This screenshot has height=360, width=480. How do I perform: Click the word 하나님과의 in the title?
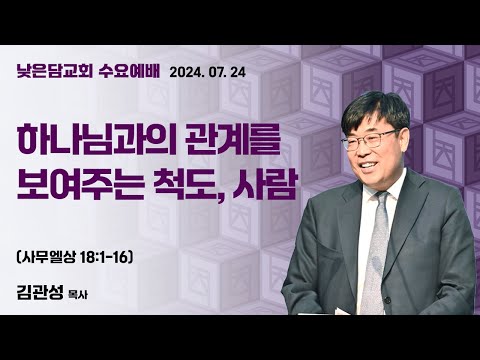pyautogui.click(x=98, y=141)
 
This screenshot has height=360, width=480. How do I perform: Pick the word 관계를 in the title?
pyautogui.click(x=237, y=141)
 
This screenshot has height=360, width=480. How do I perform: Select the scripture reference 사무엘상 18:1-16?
pyautogui.click(x=89, y=254)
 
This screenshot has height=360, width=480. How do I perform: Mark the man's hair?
pyautogui.click(x=376, y=105)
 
